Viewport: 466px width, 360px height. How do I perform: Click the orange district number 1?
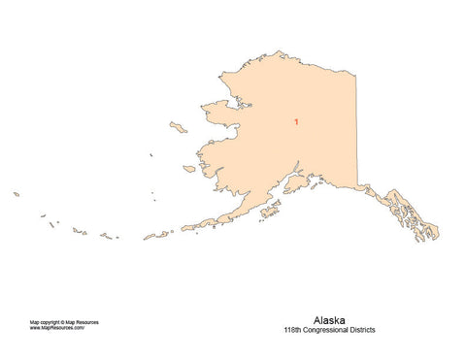295,122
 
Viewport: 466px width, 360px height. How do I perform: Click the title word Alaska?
329,318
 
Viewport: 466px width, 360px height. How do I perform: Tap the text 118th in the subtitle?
294,329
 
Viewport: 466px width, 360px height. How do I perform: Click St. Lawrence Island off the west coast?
178,127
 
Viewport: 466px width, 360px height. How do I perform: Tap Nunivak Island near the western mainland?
189,169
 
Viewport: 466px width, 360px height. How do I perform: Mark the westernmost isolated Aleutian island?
17,193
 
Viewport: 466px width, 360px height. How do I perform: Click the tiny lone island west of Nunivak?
151,155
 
